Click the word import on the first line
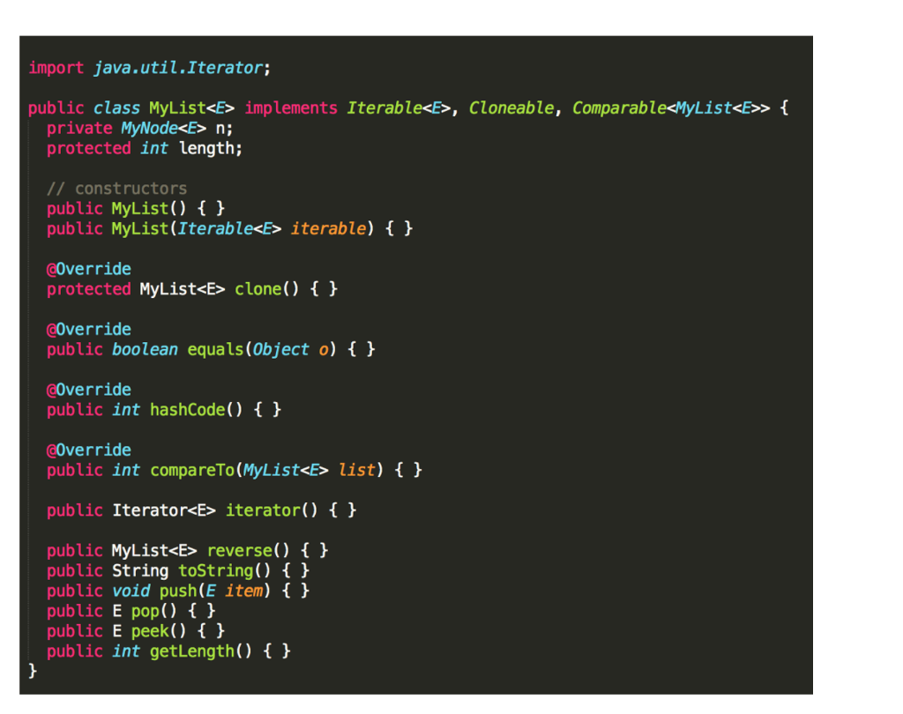point(56,68)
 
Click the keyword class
point(116,108)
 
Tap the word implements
point(290,108)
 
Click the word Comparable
point(618,108)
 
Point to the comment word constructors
point(131,189)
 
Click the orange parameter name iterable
point(327,229)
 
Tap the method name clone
point(257,289)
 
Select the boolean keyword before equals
point(145,350)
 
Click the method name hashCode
point(187,410)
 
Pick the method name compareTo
point(191,471)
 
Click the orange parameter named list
point(356,471)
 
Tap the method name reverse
point(239,551)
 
